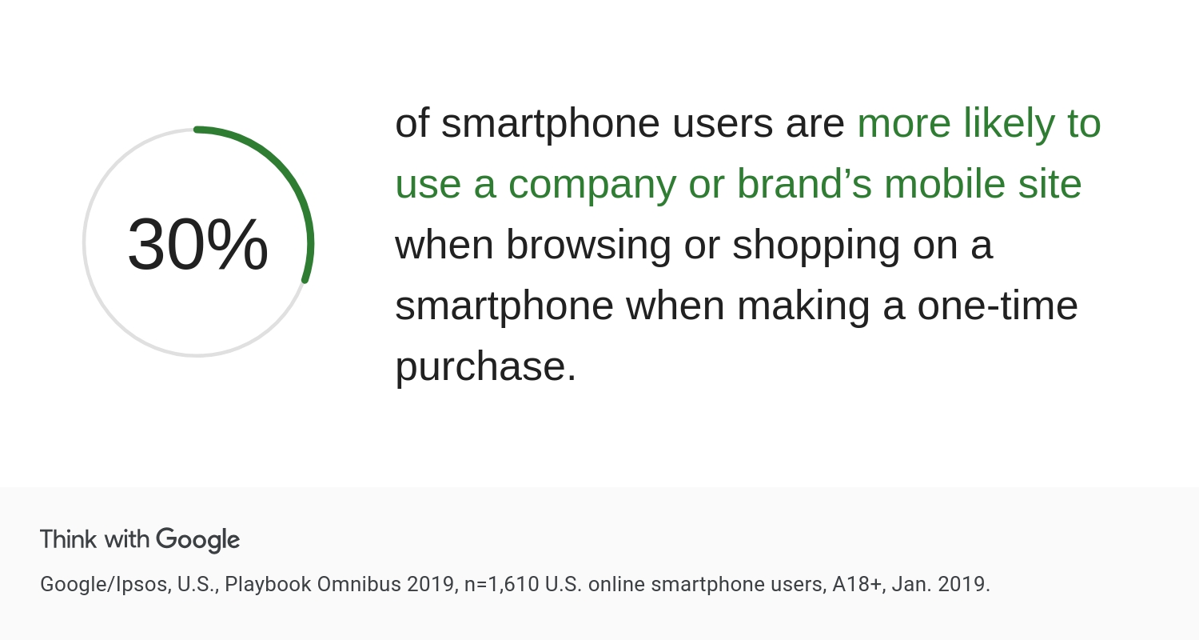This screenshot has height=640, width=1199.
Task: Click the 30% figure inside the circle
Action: click(197, 244)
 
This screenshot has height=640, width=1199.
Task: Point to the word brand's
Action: click(804, 183)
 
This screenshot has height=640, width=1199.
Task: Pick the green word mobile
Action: click(945, 183)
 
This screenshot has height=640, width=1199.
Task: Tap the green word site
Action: click(1050, 183)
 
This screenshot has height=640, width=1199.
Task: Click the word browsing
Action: click(588, 246)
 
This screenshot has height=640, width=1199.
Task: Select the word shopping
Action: click(816, 246)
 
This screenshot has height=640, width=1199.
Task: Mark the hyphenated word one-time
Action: click(998, 306)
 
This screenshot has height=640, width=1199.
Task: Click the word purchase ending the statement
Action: click(486, 368)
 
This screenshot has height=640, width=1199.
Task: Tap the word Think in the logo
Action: click(69, 539)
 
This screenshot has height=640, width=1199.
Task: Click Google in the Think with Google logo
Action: click(198, 540)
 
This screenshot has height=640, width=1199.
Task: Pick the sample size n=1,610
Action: click(501, 584)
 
